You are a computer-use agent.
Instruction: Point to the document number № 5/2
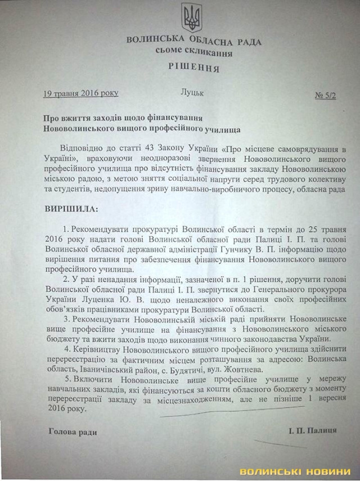click(x=327, y=96)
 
